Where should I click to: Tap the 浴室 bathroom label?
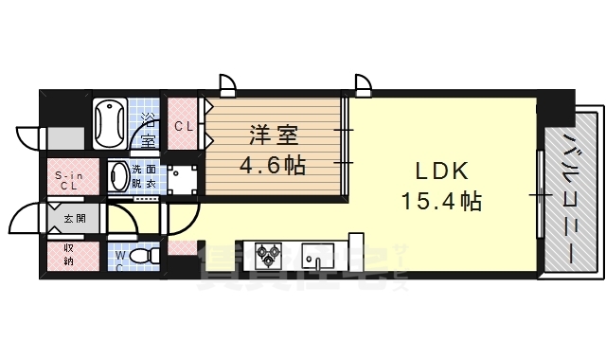tap(149, 130)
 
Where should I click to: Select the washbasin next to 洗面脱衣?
tap(120, 175)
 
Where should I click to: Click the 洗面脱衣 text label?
tap(151, 175)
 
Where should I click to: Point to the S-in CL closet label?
tap(65, 179)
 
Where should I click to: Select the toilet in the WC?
tap(142, 256)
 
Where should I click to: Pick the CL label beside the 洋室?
tap(184, 125)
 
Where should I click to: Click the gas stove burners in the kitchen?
tap(268, 254)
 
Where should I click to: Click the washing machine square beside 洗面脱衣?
tap(182, 179)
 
